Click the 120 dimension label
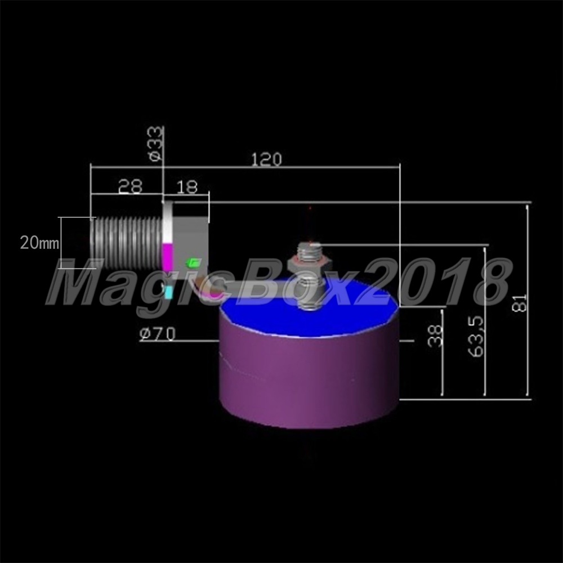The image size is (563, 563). point(266,159)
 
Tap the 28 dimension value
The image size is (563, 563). point(131,186)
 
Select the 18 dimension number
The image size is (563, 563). point(187,187)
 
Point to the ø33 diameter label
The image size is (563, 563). point(155,144)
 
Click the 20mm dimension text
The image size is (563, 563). point(39,243)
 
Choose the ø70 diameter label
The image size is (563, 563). point(158,333)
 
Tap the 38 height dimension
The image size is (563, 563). point(435,336)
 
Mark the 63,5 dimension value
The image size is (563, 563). point(476,337)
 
